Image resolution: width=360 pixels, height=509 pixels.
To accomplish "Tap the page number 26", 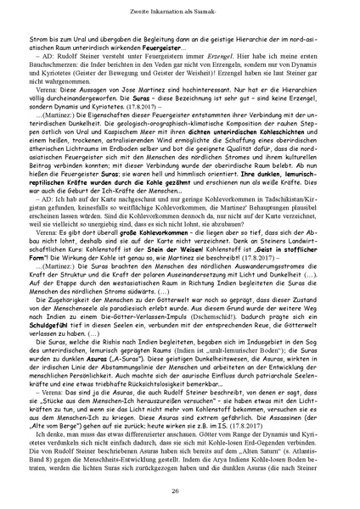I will click(180, 490).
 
